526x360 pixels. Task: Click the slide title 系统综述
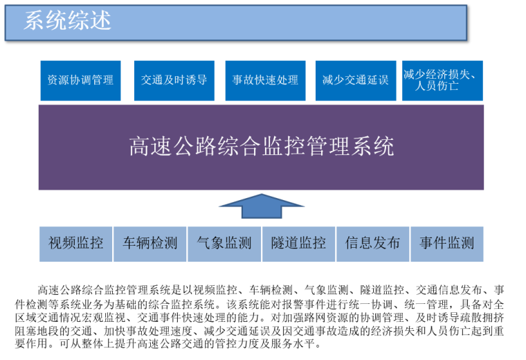[68, 21]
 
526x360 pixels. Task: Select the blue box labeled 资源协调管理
[80, 80]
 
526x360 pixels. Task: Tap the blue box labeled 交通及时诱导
[174, 80]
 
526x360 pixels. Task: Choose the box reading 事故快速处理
[266, 80]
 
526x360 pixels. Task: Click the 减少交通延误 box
[355, 80]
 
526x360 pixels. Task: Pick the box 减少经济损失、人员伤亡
[442, 80]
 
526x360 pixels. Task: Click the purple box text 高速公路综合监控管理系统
[261, 147]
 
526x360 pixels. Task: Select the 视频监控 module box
[76, 244]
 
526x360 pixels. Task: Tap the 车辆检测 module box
[150, 244]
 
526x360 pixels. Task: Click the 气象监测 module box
[224, 244]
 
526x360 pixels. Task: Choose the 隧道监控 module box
[298, 244]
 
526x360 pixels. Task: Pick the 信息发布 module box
[372, 244]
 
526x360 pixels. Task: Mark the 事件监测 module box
[446, 244]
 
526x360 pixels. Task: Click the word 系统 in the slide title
[46, 21]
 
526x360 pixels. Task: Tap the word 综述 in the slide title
[90, 21]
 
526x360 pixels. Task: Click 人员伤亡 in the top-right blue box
[437, 87]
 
